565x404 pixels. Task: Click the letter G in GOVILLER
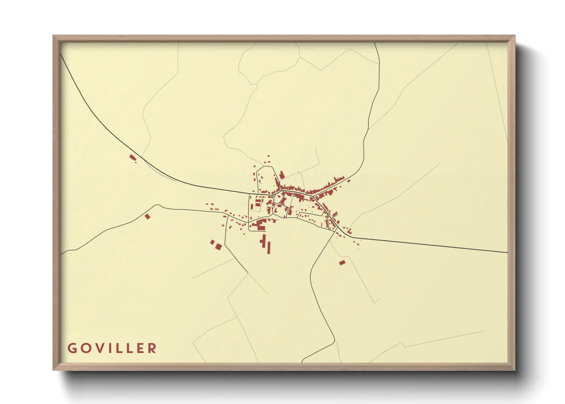pyautogui.click(x=72, y=348)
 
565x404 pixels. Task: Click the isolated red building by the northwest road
pyautogui.click(x=132, y=158)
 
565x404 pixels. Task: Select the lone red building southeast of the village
pyautogui.click(x=342, y=263)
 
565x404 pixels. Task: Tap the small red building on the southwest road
pyautogui.click(x=148, y=217)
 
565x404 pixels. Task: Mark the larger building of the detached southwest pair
pyautogui.click(x=218, y=247)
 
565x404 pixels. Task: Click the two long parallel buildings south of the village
pyautogui.click(x=266, y=245)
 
